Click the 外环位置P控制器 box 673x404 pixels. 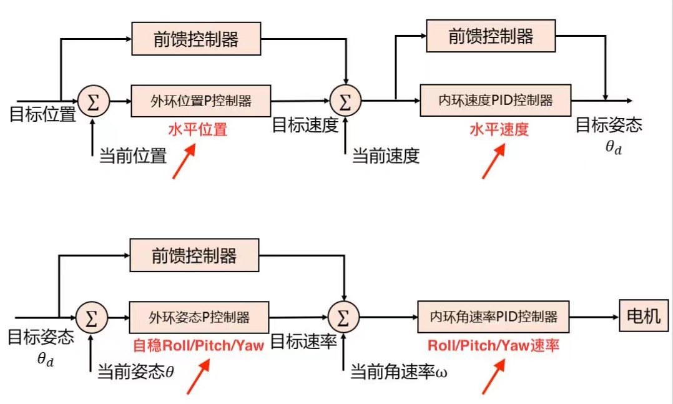click(201, 101)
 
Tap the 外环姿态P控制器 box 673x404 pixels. click(199, 317)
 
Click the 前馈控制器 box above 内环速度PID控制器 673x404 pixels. click(491, 36)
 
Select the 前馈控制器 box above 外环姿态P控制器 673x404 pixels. click(194, 255)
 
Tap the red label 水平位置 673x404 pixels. click(197, 130)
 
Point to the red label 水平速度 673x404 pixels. click(499, 130)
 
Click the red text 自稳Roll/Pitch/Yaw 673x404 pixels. click(198, 345)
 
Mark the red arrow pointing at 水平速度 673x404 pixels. click(493, 162)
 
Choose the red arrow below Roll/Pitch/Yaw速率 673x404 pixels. click(493, 377)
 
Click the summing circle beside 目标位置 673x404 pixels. click(93, 101)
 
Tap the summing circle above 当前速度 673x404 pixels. click(345, 101)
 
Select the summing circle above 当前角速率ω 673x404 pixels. click(343, 317)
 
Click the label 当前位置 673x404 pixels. click(133, 155)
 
